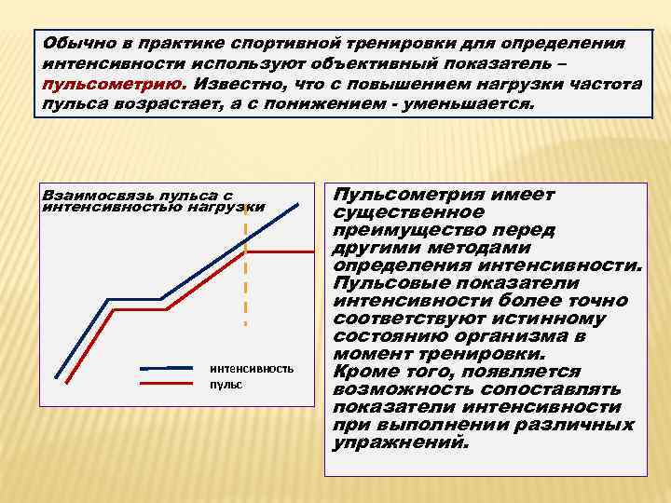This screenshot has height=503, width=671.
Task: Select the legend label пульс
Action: click(226, 384)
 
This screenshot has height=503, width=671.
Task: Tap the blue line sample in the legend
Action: click(171, 368)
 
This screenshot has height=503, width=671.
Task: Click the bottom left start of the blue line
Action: click(57, 376)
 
